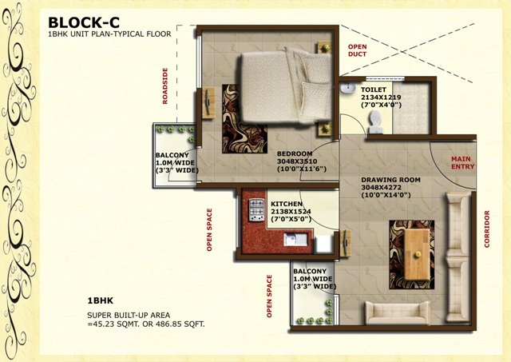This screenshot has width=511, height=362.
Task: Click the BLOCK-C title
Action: (84, 23)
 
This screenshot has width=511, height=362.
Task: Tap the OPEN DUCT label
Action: (357, 50)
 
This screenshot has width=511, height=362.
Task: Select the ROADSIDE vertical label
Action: (165, 86)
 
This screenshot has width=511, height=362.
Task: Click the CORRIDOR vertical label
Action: (487, 229)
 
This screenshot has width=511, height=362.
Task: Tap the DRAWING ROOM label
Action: (390, 180)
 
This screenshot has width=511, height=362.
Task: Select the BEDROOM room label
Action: (295, 153)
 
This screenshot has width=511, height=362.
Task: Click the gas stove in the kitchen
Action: (257, 210)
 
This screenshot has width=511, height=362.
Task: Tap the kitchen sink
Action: (295, 240)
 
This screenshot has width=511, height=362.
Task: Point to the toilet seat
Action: (375, 122)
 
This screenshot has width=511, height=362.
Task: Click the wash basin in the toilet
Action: (348, 88)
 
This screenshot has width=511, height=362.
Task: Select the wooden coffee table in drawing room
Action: (417, 254)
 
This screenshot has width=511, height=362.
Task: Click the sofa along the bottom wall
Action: (397, 312)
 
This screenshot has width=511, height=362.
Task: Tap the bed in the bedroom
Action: (286, 87)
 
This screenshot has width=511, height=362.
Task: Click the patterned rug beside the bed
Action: (244, 119)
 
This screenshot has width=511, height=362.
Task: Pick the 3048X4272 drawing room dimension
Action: (381, 188)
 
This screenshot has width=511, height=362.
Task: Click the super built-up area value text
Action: (146, 324)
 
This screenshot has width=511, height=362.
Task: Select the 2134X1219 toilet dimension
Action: (381, 97)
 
